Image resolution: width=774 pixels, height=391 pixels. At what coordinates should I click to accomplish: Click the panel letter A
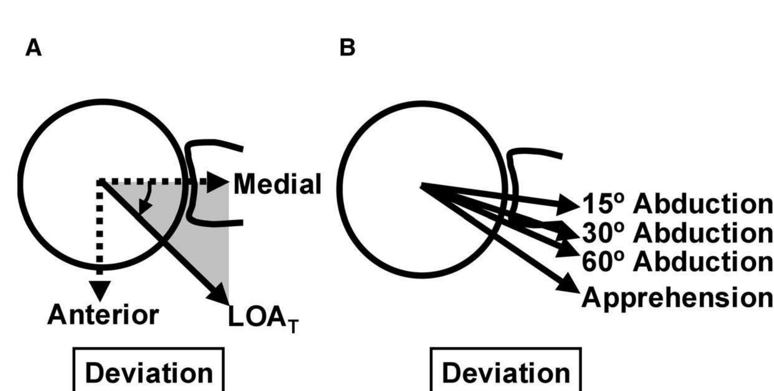(34, 48)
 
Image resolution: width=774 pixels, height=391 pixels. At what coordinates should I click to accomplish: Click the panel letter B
(347, 48)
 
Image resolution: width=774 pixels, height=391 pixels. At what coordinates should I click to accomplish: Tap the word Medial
(277, 184)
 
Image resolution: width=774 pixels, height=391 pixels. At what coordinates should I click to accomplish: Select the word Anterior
(103, 315)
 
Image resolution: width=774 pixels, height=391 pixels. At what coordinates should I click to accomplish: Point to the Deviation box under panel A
(149, 371)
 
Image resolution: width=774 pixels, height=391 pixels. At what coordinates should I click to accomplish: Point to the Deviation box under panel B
(505, 371)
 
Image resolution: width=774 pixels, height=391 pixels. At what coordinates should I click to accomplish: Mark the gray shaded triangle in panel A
(199, 233)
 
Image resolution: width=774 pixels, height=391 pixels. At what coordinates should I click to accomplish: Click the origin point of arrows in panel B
(422, 185)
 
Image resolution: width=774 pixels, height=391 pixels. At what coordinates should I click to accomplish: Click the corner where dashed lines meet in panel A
(100, 182)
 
